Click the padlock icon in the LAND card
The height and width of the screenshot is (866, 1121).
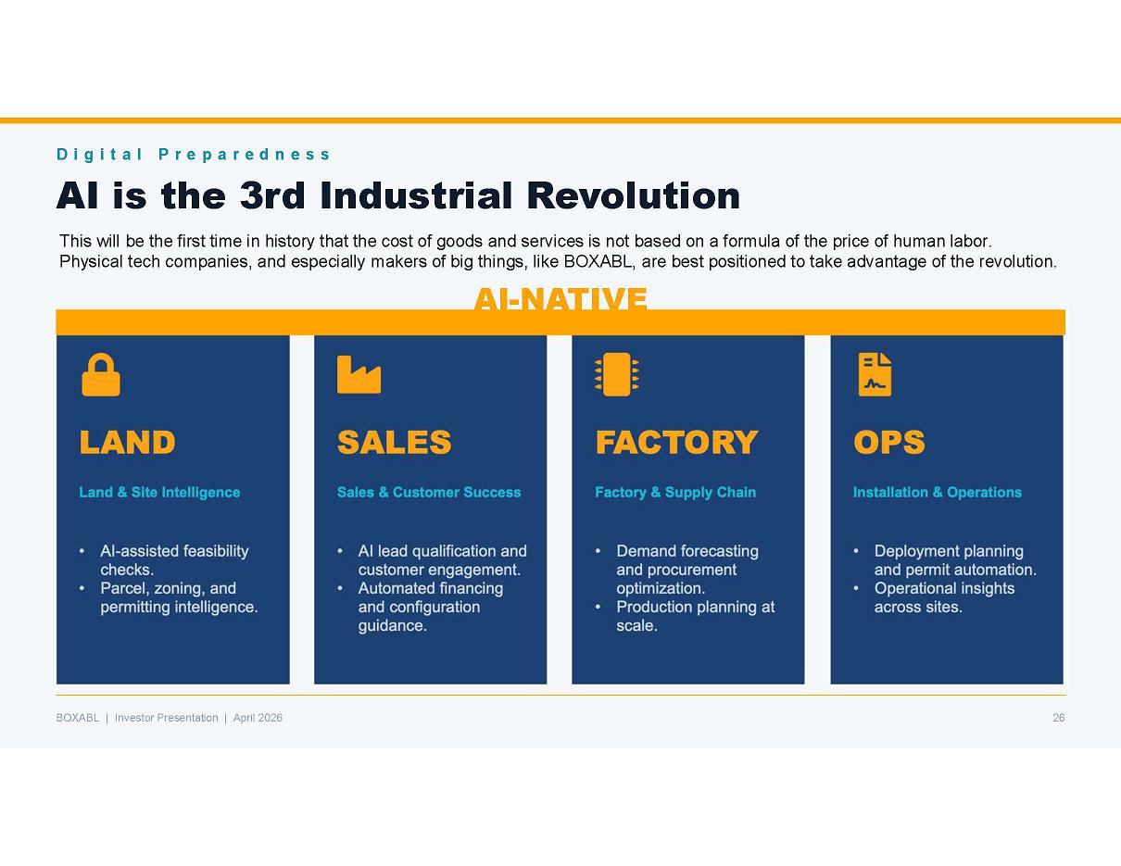101,374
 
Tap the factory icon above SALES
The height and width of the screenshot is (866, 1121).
359,374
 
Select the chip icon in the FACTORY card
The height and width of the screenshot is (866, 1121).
616,374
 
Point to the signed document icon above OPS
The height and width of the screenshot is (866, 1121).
875,374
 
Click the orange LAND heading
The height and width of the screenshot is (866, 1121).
128,442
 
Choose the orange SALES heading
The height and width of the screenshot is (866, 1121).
394,442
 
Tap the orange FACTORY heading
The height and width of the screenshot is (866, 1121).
676,442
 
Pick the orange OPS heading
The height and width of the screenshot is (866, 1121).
888,442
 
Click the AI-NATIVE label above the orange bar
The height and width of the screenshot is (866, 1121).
560,298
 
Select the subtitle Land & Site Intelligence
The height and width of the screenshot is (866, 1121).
159,492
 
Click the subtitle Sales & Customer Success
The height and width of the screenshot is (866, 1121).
429,492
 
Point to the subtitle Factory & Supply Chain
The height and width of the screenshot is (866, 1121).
675,492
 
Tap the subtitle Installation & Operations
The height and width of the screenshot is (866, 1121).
938,492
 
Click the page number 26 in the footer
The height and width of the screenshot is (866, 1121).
1059,718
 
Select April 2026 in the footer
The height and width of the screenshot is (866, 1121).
258,718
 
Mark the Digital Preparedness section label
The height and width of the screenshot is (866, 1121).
193,155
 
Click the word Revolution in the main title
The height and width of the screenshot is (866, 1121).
633,195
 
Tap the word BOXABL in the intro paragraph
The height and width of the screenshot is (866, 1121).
598,261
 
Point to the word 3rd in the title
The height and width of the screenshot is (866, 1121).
273,195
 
